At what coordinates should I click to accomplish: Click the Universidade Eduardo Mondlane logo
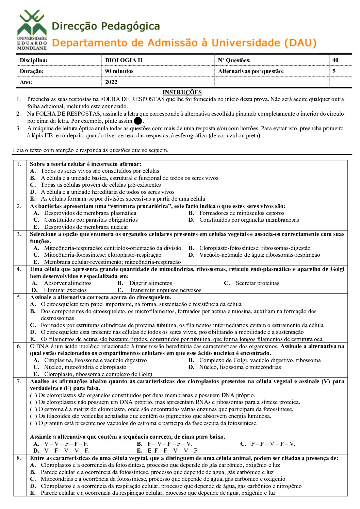click(32, 30)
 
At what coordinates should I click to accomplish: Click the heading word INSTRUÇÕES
click(182, 92)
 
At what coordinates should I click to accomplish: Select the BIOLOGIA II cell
click(124, 60)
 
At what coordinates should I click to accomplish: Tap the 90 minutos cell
click(119, 71)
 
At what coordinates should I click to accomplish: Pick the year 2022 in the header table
click(111, 82)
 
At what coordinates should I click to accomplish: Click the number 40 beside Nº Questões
click(335, 60)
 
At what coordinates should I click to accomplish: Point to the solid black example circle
click(138, 121)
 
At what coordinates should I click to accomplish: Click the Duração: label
click(32, 71)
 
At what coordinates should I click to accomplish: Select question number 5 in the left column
click(19, 297)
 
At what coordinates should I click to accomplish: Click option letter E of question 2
click(36, 227)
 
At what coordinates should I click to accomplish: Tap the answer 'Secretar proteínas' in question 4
click(257, 283)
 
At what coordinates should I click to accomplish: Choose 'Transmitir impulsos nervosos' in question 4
click(165, 290)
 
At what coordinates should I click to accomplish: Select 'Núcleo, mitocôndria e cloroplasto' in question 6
click(85, 367)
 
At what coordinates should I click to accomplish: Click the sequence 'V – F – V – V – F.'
click(67, 451)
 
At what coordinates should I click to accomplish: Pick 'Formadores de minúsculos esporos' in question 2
click(242, 213)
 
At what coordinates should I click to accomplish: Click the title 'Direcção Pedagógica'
click(106, 26)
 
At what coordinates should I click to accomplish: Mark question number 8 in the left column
click(19, 458)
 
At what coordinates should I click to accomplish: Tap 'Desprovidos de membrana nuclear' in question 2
click(86, 227)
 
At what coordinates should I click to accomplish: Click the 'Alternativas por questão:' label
click(251, 71)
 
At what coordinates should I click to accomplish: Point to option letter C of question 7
click(243, 444)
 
